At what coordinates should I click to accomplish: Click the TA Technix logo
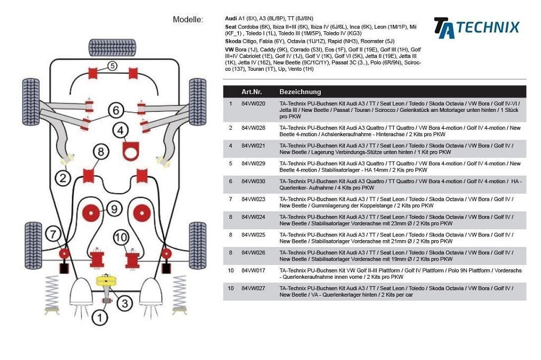476,27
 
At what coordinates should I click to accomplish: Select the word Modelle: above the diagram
188,20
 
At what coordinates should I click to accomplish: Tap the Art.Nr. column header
251,92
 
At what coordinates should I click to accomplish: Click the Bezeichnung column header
300,92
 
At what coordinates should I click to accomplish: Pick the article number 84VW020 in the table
254,104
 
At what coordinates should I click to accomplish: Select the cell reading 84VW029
254,164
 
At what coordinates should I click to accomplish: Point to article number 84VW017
254,270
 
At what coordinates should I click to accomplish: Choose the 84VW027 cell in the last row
254,288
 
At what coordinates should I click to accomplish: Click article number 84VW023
254,200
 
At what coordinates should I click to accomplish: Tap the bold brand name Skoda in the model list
233,41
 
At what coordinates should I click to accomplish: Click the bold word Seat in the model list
230,26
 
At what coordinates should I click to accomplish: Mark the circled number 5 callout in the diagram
113,66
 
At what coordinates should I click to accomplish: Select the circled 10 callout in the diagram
120,238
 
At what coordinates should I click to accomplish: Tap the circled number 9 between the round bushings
113,209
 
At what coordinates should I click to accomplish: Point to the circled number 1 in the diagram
100,317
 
